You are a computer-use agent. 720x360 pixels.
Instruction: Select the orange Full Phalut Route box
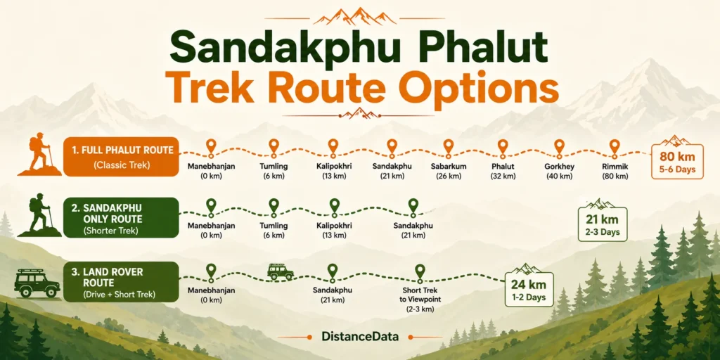click(121, 157)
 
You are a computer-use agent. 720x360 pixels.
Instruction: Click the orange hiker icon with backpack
click(39, 154)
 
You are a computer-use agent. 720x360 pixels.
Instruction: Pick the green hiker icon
click(39, 215)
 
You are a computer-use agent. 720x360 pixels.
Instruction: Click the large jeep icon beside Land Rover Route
click(37, 283)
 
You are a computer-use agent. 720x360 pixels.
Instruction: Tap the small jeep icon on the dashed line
click(280, 272)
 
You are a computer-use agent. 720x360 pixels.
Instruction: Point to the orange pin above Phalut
click(503, 148)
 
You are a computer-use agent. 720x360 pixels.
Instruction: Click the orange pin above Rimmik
click(615, 148)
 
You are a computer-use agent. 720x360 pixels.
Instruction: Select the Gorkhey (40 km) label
click(558, 171)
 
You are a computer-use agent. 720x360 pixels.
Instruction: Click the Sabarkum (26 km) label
click(449, 171)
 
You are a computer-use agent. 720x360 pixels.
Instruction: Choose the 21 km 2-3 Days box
click(602, 221)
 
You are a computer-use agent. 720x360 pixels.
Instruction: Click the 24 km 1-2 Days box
click(529, 287)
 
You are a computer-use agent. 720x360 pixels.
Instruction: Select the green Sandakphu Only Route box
click(121, 218)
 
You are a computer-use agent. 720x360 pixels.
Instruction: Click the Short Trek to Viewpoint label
click(419, 300)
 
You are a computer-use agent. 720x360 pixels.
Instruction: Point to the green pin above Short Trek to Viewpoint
click(420, 273)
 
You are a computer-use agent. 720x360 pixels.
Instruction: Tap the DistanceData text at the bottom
click(360, 336)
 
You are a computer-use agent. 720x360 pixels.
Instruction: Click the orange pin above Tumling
click(274, 148)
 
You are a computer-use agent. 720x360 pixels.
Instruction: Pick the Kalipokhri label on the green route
click(334, 230)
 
